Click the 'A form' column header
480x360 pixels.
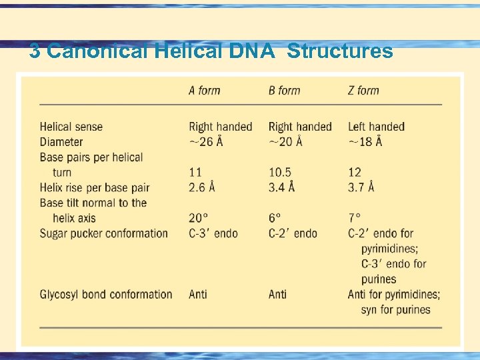(204, 91)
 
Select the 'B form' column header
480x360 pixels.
(284, 91)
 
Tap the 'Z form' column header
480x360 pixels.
(363, 91)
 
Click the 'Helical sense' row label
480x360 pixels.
(71, 127)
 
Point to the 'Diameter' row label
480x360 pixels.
(61, 142)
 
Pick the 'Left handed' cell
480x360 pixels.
(376, 127)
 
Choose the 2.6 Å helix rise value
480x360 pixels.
(202, 188)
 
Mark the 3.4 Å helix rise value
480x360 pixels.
(281, 188)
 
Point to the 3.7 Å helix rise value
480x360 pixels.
(361, 188)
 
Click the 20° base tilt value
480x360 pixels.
(199, 218)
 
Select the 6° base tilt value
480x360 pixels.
(275, 218)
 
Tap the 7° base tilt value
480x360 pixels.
(354, 218)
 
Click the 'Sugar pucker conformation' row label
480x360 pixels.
(104, 233)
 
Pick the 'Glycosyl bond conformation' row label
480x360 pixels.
(106, 294)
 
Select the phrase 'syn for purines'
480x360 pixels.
(395, 309)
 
